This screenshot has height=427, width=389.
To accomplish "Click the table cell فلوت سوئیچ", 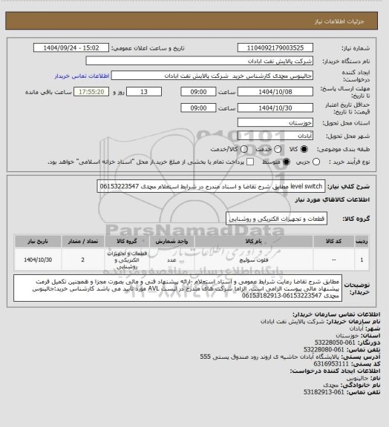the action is pos(274,261).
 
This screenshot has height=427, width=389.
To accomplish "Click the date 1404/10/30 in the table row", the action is pos(36,261).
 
